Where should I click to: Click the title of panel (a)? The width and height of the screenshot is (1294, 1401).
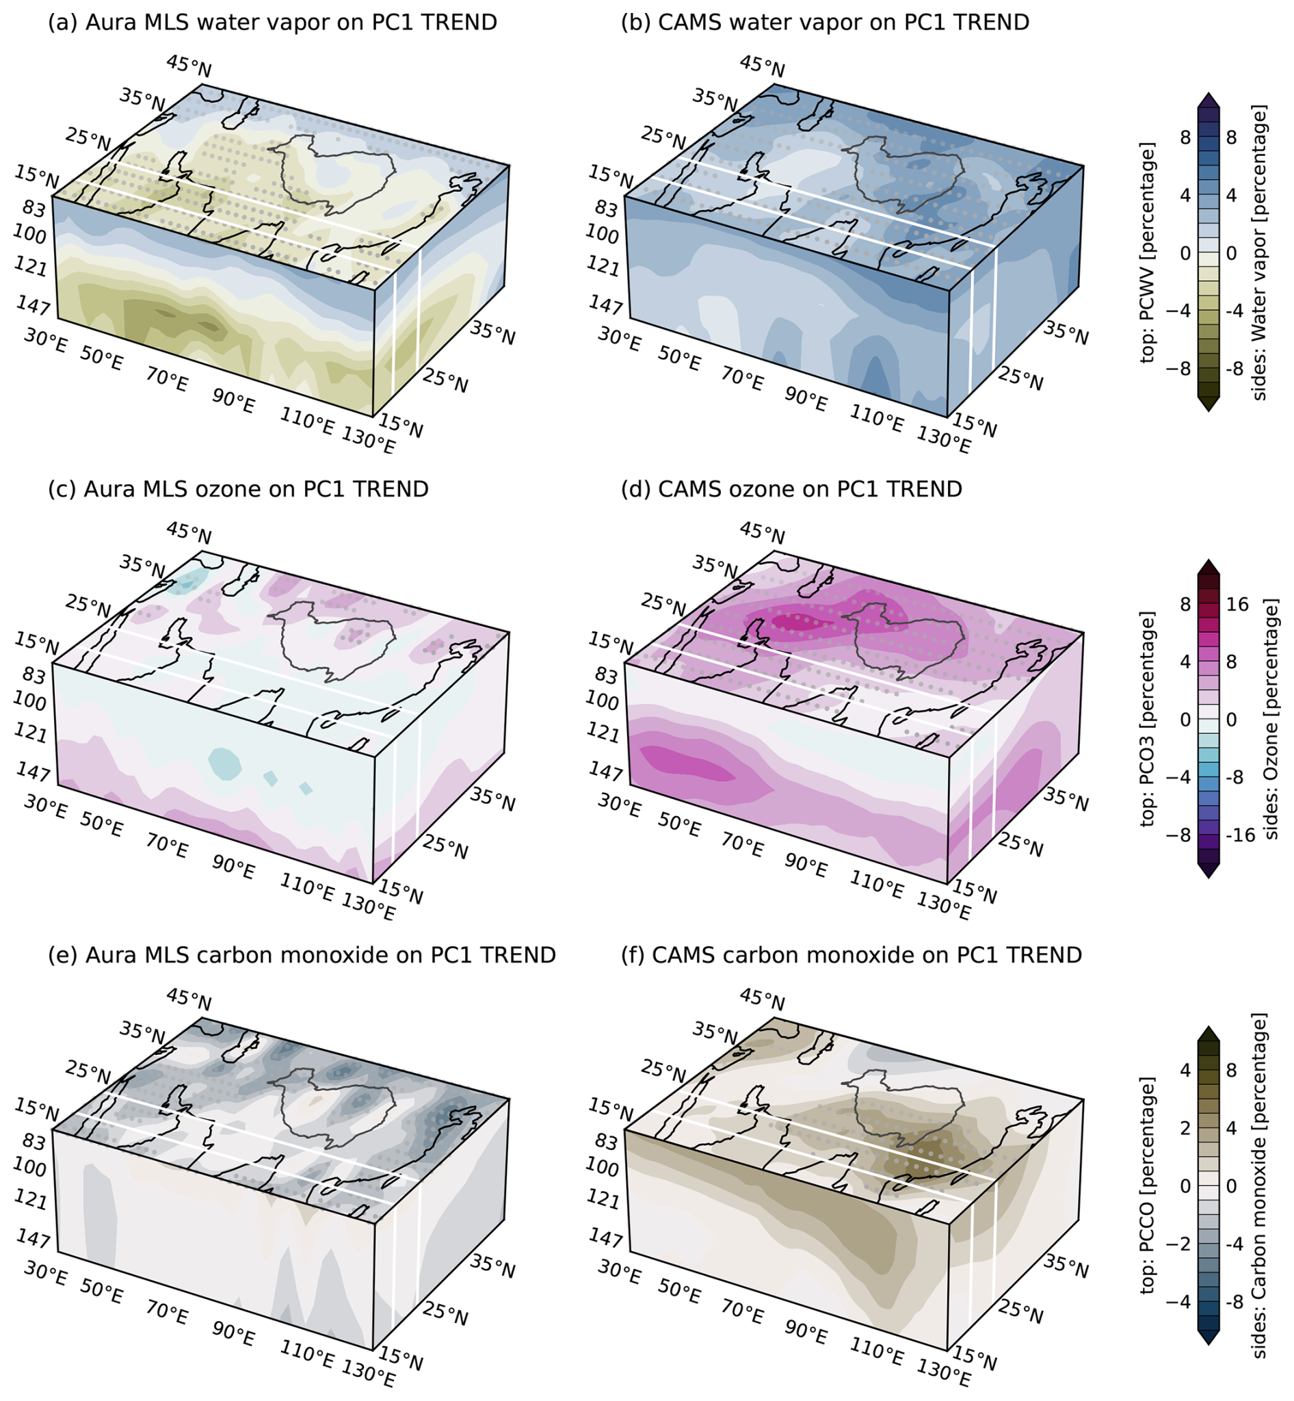pos(272,23)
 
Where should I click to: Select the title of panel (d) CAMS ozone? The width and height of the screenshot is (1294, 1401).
pos(791,489)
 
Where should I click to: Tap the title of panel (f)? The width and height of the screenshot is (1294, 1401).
pos(851,955)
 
